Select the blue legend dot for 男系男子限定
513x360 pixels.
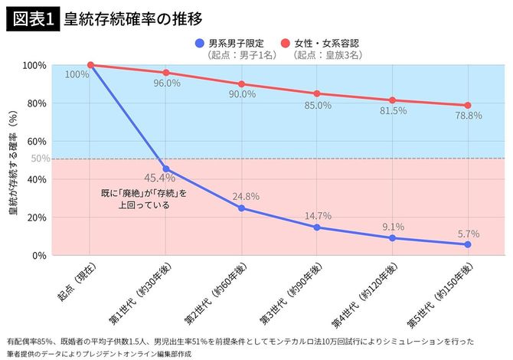200,43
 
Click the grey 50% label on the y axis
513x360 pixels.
41,159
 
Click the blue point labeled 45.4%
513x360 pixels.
166,169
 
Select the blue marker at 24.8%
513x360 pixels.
241,208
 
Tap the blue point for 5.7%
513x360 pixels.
467,244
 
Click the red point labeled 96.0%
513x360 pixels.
166,73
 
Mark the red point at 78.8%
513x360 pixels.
467,106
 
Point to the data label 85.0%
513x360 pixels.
317,106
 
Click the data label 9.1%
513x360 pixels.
392,226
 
